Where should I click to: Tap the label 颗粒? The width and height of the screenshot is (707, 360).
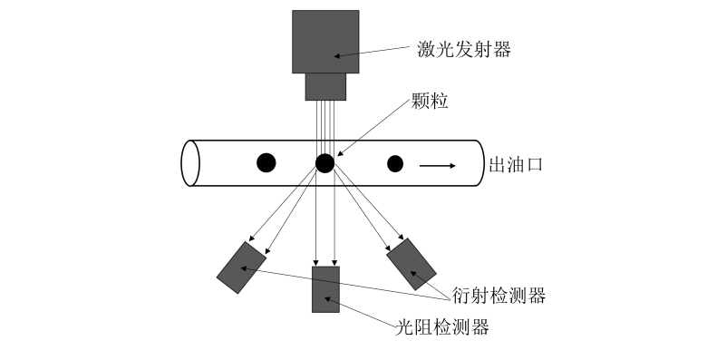pos(430,102)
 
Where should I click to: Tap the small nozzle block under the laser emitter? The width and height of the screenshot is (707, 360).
pos(326,87)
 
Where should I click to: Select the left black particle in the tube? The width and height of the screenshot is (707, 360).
pos(266,163)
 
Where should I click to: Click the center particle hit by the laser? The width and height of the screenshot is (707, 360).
pos(325,163)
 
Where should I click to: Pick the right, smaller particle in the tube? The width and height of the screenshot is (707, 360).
pos(394,164)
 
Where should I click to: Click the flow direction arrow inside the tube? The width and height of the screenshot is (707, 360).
pos(437,165)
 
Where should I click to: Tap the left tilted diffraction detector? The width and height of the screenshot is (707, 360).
pos(241,268)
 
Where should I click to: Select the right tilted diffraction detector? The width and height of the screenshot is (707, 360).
pos(412,264)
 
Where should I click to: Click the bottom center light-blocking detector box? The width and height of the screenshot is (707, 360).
pos(325,289)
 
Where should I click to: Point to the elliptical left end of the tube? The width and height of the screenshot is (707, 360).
pos(190,163)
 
